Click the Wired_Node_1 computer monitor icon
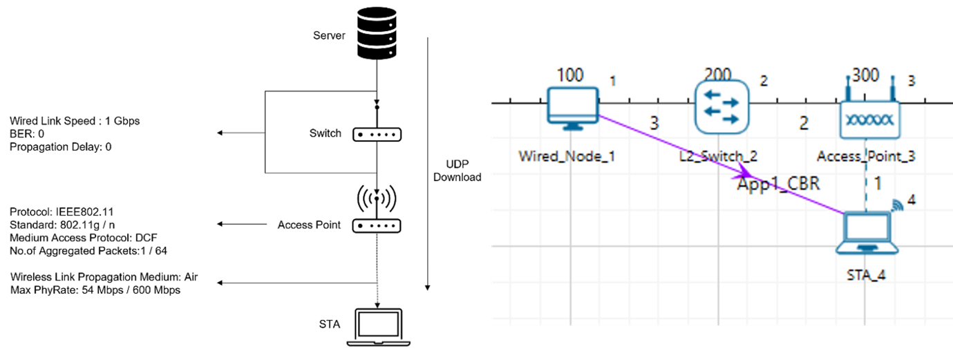(x=572, y=107)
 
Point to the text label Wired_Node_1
(x=567, y=156)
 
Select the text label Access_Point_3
(x=866, y=156)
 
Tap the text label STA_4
(x=866, y=275)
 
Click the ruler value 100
(x=569, y=75)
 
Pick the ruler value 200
(x=718, y=75)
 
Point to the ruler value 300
(x=866, y=75)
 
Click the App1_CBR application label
(x=778, y=184)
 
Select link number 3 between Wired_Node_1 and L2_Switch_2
(x=654, y=124)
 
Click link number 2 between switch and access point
(x=804, y=124)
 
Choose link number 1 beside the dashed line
(x=878, y=184)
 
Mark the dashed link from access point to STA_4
(x=866, y=193)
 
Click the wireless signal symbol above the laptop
(x=897, y=205)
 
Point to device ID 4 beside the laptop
(x=911, y=200)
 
